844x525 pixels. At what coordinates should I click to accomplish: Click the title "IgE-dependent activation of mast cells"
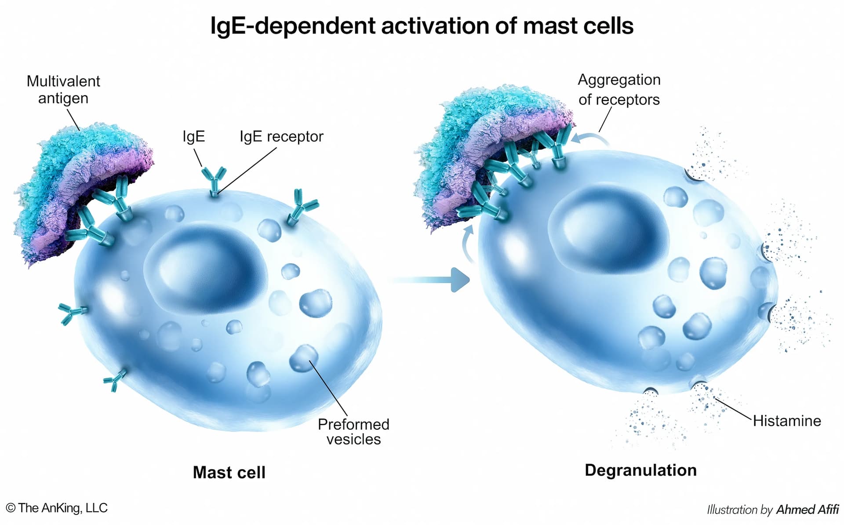[x=422, y=26]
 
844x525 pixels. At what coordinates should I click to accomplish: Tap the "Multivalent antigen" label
[x=63, y=90]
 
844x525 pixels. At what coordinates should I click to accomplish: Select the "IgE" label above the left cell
[x=193, y=136]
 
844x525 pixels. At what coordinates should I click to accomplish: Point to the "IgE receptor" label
[x=281, y=136]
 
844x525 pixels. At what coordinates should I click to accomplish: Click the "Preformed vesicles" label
[x=353, y=431]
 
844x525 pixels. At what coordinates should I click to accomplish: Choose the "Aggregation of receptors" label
[x=619, y=90]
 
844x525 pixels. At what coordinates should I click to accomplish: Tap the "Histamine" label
[x=786, y=421]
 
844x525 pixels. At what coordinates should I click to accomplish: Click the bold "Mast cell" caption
[x=229, y=472]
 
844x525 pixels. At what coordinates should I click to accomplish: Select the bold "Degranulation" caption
[x=640, y=470]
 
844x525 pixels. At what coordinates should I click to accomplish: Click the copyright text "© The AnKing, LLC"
[x=57, y=508]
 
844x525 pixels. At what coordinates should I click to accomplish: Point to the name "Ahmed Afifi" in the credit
[x=807, y=510]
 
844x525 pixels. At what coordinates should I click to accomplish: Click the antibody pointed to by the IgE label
[x=214, y=180]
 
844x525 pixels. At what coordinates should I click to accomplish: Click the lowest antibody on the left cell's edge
[x=115, y=379]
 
